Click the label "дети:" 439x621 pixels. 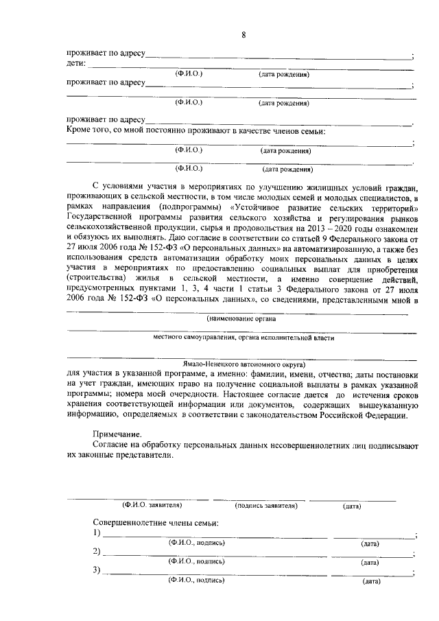76,64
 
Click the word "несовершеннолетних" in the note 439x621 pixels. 309,445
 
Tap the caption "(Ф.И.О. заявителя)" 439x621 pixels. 152,506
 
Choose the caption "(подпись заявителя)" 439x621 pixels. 265,506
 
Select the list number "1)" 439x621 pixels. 97,533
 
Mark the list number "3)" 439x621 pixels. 97,570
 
